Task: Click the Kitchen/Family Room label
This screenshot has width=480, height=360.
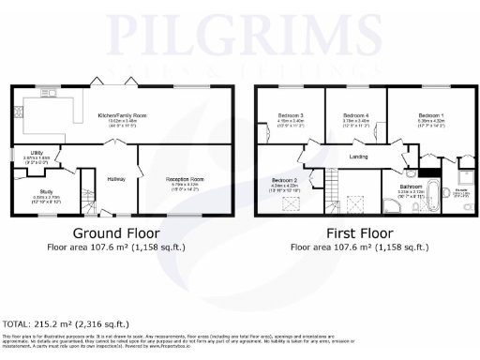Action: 122,115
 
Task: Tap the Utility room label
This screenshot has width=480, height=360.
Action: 31,155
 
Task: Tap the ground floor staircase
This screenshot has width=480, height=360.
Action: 89,191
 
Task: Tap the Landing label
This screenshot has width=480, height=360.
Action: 357,157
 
